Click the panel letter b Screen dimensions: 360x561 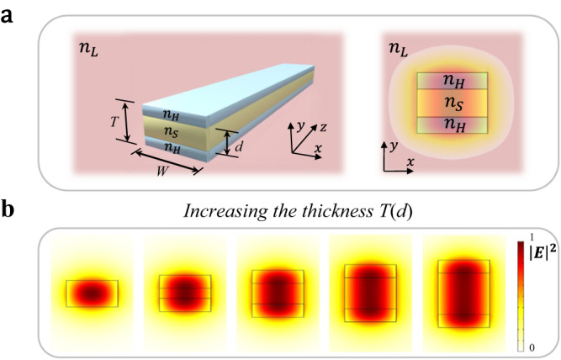(x=9, y=209)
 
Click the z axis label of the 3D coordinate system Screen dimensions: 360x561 (x=322, y=126)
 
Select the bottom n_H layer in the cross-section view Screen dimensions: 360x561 (x=453, y=125)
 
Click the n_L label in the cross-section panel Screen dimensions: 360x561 (x=400, y=50)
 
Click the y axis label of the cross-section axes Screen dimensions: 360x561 (x=393, y=145)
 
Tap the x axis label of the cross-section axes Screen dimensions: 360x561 (x=410, y=161)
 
